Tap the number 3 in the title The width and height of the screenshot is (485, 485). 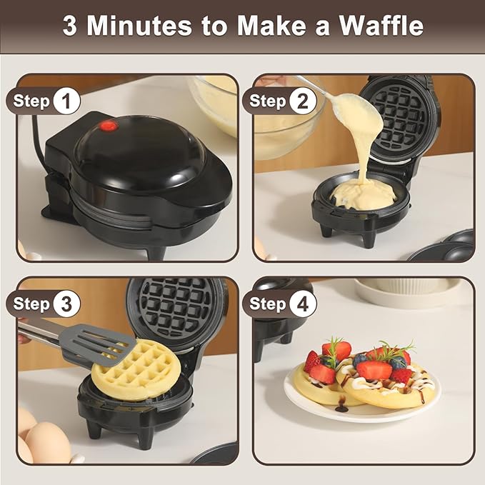[x=69, y=26]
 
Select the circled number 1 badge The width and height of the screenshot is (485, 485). [x=66, y=101]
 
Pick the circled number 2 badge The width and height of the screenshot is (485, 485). [x=303, y=101]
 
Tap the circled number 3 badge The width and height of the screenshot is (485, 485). [x=66, y=304]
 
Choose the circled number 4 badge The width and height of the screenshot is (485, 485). [x=303, y=304]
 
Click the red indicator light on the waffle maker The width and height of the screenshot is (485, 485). [x=109, y=126]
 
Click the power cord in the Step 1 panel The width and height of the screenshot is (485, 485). [x=36, y=136]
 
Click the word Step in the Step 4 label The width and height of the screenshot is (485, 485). [x=268, y=304]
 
